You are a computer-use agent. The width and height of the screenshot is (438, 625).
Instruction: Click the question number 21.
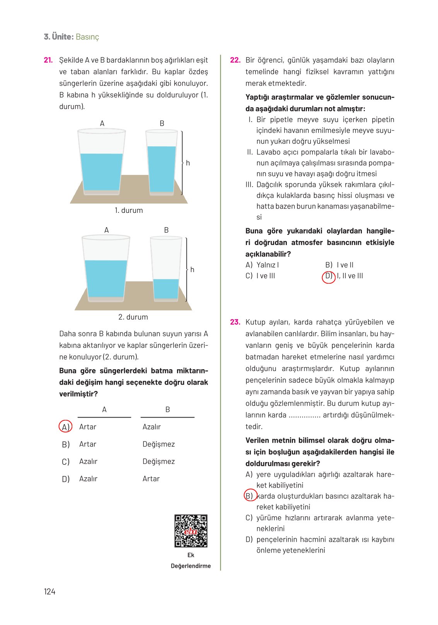(48, 60)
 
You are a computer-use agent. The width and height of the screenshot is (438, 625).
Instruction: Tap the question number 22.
(235, 60)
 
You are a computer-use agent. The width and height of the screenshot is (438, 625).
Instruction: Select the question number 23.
(235, 322)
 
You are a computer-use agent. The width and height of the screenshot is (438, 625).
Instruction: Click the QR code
(191, 531)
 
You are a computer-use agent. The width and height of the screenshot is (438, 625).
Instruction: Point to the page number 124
(49, 591)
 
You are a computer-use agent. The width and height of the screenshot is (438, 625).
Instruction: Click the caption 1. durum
(129, 211)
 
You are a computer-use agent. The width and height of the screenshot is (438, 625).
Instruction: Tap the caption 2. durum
(133, 317)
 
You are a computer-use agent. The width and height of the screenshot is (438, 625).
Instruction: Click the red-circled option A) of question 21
(65, 426)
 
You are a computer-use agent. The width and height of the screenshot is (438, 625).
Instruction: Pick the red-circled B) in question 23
(250, 496)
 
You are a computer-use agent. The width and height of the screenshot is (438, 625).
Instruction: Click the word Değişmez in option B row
(158, 444)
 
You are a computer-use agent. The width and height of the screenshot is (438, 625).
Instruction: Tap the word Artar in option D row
(151, 479)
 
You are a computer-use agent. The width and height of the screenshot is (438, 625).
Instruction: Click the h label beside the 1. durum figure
(188, 163)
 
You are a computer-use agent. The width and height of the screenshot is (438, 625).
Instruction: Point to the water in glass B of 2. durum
(166, 288)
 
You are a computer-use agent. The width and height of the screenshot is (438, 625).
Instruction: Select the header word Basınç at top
(87, 37)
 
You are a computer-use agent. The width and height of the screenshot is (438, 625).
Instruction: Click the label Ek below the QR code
(191, 555)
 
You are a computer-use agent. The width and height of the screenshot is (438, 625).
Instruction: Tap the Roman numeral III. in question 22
(249, 185)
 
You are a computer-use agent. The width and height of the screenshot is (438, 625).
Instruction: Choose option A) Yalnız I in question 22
(262, 265)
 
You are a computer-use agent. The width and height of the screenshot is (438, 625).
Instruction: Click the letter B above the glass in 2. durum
(166, 230)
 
